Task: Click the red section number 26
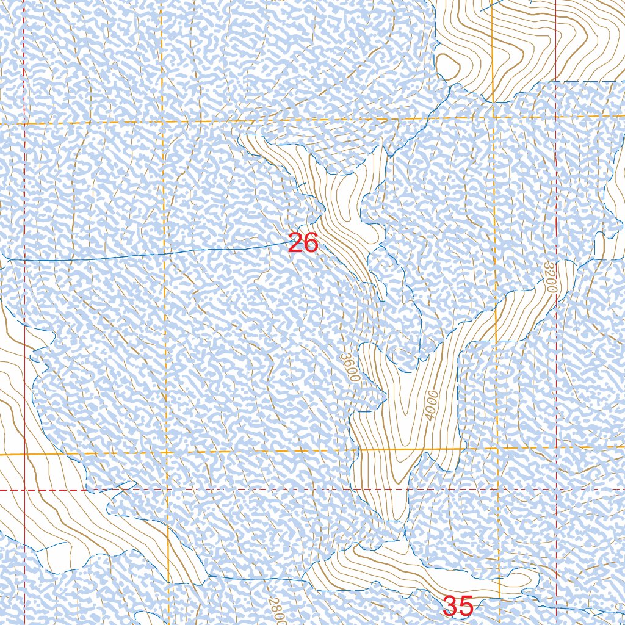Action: point(303,243)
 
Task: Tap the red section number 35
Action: point(458,607)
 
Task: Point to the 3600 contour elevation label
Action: point(349,367)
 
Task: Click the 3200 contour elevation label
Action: point(550,277)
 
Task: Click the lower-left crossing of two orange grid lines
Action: point(165,452)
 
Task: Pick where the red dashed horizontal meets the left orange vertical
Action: point(165,490)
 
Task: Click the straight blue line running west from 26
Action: point(153,254)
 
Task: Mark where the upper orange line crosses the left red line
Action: point(24,123)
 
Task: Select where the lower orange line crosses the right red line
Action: point(557,447)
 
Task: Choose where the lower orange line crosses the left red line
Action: point(24,455)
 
